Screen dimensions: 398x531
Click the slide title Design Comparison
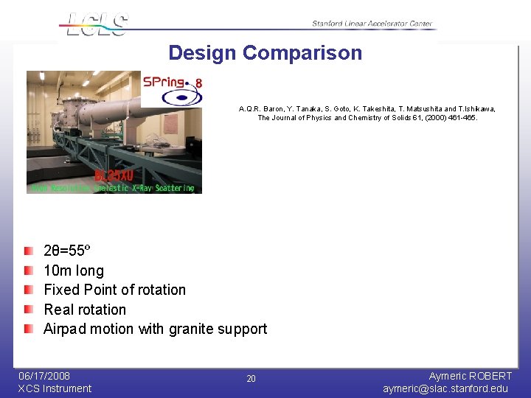(x=265, y=53)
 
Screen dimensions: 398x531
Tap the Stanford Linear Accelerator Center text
(x=373, y=24)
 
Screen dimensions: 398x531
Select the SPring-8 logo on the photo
(x=172, y=89)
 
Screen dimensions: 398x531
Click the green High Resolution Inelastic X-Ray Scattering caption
(x=113, y=188)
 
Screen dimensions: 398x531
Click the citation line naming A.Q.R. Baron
(x=367, y=108)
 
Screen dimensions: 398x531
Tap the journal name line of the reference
(x=367, y=118)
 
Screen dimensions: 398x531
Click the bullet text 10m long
(x=74, y=270)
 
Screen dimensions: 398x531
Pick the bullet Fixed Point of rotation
(x=114, y=290)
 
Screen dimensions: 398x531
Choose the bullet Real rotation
(x=85, y=310)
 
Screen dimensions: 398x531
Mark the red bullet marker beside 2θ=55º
(x=28, y=252)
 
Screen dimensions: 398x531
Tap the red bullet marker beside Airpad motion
(x=28, y=329)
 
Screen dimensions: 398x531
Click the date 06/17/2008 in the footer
(x=44, y=376)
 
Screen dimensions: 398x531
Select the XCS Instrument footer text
(x=55, y=388)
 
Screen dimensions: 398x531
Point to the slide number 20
(x=251, y=379)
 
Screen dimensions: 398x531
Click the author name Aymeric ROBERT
(x=470, y=376)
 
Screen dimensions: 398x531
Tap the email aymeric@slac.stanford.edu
(x=445, y=388)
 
